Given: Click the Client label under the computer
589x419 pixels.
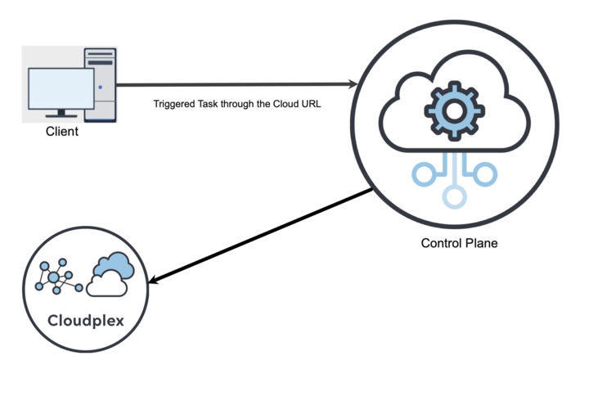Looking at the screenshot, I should [x=62, y=131].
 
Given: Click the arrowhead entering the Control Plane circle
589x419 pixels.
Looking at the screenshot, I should [x=353, y=84].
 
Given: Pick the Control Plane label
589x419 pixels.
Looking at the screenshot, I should [x=459, y=243].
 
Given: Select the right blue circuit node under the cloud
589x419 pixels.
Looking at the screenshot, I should [x=484, y=173].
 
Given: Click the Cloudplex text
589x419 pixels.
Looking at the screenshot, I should [x=84, y=320].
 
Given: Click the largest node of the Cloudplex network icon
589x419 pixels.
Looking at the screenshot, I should [x=54, y=278].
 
